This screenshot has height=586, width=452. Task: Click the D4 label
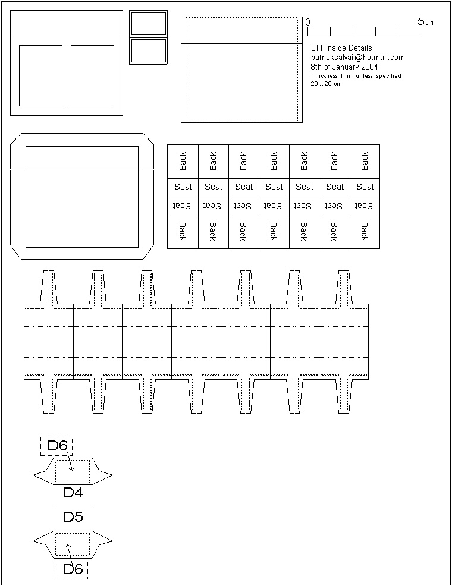(73, 493)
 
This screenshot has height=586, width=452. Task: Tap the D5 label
(73, 517)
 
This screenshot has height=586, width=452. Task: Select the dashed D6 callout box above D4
(56, 446)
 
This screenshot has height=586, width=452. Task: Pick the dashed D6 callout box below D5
(72, 569)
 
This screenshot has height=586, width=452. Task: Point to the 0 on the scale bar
(307, 22)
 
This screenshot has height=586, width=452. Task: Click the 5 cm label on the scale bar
(425, 21)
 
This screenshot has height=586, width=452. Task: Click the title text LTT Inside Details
(341, 48)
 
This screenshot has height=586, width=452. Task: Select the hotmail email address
(357, 58)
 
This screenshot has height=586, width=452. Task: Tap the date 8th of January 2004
(344, 67)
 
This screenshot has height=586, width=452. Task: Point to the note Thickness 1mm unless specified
(356, 76)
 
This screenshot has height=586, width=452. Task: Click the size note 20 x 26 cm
(326, 84)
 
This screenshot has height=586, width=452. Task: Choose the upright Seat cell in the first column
(183, 187)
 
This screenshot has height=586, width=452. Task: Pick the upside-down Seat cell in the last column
(365, 206)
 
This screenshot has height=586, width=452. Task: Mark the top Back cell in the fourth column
(274, 161)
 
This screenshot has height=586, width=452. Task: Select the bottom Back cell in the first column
(183, 231)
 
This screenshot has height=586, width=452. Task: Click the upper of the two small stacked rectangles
(149, 24)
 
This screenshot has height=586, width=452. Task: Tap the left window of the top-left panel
(40, 75)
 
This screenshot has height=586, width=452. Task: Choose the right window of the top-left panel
(92, 75)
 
